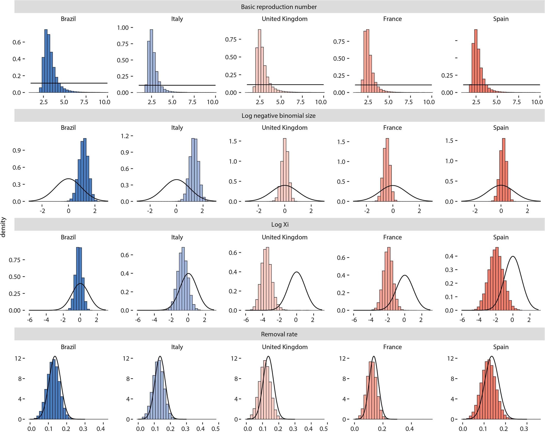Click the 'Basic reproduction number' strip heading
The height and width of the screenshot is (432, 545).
coord(279,7)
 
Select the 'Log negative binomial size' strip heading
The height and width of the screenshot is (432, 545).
coord(278,116)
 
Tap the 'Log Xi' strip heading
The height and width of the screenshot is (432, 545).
coord(280,225)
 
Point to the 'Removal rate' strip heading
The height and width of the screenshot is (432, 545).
coord(279,334)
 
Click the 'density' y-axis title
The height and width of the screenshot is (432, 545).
coord(3,227)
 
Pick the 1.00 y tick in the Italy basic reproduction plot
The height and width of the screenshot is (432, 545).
coord(123,28)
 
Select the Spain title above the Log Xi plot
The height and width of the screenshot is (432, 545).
coord(501,237)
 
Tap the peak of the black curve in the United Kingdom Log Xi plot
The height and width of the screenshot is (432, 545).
coord(296,272)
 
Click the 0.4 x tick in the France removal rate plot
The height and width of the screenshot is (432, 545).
coord(409,429)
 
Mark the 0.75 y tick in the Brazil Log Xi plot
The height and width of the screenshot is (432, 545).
coord(14,260)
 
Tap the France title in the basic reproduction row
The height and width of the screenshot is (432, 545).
coord(392,19)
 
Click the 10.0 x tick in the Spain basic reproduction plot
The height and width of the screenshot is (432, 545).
coord(537,102)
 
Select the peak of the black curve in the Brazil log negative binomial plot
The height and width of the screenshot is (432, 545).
coord(68,179)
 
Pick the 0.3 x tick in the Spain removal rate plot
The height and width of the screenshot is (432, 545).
coord(524,429)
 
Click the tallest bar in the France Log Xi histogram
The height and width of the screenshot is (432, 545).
coord(388,279)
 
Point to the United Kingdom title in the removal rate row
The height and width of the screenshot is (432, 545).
coord(285,347)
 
